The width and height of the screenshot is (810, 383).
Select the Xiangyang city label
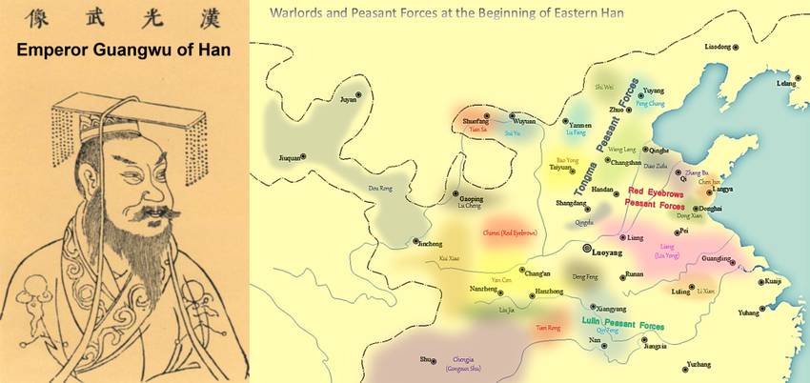610,309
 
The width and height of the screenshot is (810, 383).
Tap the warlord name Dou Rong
380,189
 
